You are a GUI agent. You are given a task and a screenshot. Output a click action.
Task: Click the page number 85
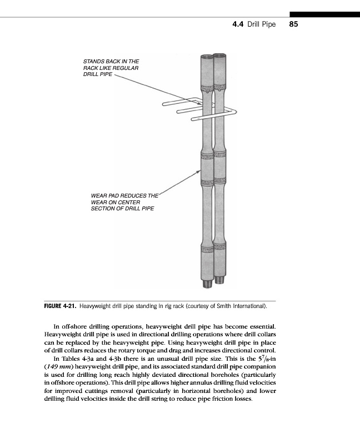tap(294, 24)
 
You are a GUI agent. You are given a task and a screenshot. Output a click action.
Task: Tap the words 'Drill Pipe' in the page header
tap(261, 24)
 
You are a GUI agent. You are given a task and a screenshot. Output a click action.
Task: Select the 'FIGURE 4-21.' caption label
tap(60, 306)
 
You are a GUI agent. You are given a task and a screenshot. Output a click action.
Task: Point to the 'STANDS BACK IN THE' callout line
tap(111, 61)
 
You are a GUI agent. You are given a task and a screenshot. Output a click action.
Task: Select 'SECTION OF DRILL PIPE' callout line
tap(122, 209)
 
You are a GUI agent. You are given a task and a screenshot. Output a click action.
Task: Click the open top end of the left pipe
tap(207, 56)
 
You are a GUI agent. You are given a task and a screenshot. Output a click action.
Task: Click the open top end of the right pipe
tap(220, 56)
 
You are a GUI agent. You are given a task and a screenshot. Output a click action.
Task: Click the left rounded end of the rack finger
tap(164, 104)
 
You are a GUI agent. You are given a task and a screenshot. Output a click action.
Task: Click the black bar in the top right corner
tap(324, 14)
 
